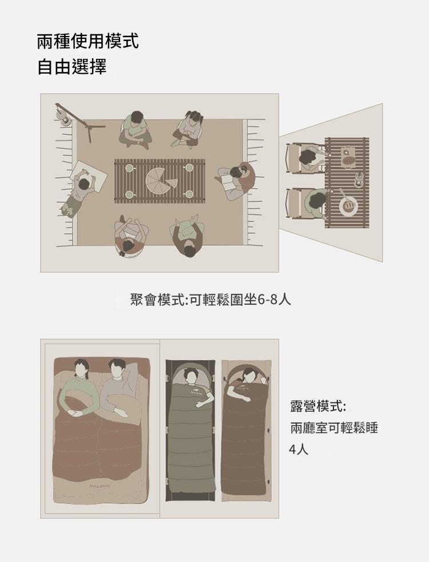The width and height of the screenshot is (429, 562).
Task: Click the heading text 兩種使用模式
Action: coord(88,41)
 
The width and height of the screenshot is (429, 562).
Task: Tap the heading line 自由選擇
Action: coord(71,67)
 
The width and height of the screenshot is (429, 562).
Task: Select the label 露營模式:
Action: coord(318,406)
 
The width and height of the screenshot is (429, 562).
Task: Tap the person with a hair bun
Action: coord(131,237)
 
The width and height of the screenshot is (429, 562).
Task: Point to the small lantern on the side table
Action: coord(358,179)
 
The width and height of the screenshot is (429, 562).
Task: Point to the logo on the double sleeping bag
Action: coord(100,487)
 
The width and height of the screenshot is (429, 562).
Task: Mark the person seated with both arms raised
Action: coord(186,235)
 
